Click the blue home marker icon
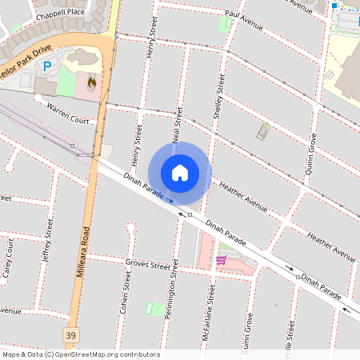pos(180,173)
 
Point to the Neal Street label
pos(178,126)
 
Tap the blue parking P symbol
pos(46,66)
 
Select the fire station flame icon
pos(91,82)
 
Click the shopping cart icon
pos(221,260)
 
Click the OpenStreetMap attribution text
pos(80,354)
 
